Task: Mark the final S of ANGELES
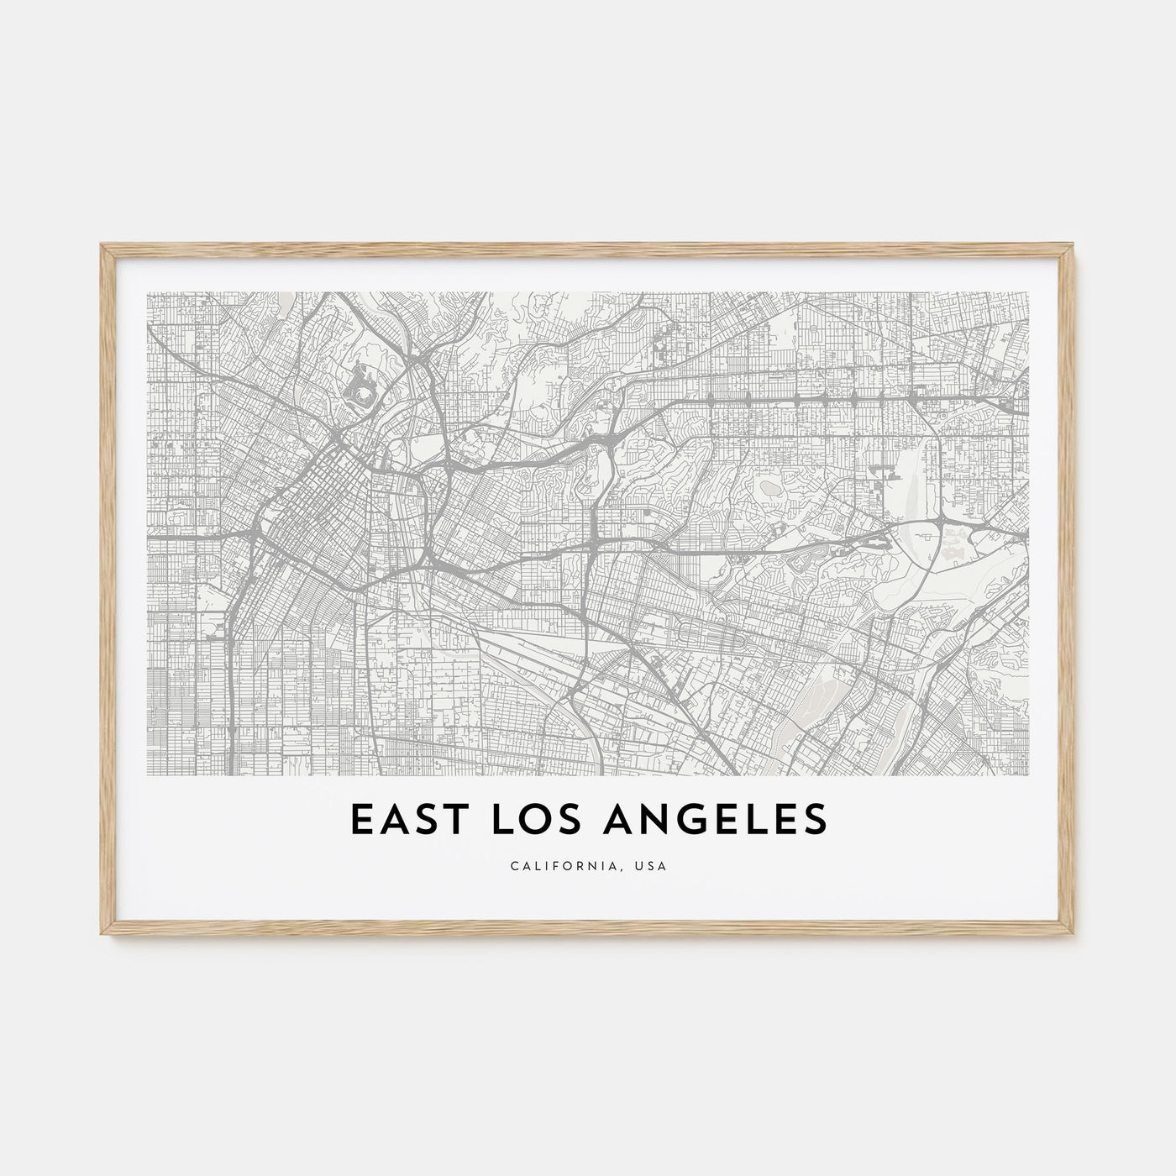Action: pos(815,821)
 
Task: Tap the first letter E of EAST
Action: pos(356,821)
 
